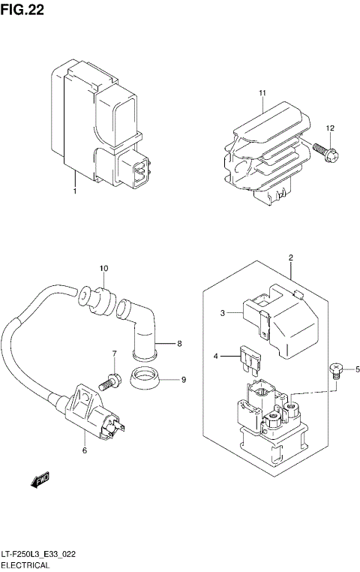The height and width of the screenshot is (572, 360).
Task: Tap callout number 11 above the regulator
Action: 263,93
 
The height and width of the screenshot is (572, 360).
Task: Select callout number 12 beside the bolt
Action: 329,129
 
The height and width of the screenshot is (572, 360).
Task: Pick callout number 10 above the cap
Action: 104,268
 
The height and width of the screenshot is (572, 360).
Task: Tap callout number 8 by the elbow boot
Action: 179,345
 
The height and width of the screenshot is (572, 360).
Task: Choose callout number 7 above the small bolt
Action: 115,354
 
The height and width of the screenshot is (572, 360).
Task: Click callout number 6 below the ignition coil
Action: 85,450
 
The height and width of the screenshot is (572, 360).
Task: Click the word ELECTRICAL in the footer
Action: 25,564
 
